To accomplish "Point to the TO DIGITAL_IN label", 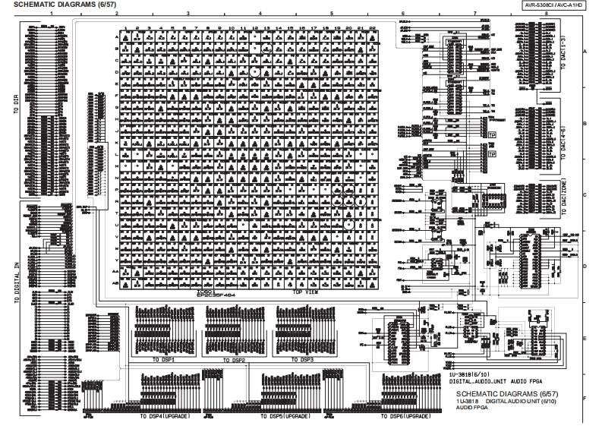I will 15,282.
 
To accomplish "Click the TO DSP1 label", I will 164,359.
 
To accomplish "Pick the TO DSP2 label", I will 235,359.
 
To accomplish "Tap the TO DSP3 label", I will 304,359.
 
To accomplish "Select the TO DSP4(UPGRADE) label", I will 165,417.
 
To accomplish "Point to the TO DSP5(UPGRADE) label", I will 285,417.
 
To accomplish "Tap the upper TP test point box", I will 491,136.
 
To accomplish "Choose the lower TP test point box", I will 491,153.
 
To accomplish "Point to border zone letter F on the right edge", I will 585,398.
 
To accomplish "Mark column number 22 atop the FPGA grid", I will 372,29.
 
